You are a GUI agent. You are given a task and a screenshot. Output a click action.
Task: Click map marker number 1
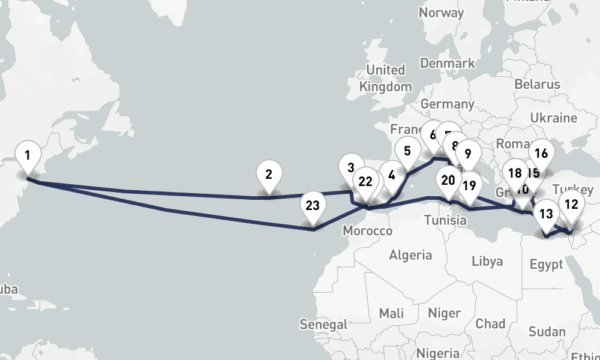click(27, 155)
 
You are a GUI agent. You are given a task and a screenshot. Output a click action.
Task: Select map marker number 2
click(269, 175)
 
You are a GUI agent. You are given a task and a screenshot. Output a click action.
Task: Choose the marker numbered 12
click(571, 205)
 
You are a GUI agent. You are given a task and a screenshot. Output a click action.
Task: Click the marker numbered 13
click(546, 214)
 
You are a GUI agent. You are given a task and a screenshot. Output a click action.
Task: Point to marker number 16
click(541, 154)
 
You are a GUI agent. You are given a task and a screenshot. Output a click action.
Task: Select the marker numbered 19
click(469, 185)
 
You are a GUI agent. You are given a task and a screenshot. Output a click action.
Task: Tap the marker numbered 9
click(468, 154)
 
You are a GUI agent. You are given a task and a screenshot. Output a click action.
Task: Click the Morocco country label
click(368, 231)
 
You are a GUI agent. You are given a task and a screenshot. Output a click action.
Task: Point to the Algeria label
click(410, 255)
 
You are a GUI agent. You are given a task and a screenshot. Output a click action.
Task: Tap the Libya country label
click(487, 261)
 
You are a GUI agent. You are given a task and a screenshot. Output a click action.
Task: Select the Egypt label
click(547, 264)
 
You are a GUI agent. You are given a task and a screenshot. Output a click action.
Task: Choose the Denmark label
click(448, 62)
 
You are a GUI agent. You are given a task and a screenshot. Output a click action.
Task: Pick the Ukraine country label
click(554, 117)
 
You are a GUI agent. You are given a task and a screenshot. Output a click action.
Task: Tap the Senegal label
click(323, 324)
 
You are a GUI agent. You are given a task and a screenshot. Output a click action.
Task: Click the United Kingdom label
click(386, 78)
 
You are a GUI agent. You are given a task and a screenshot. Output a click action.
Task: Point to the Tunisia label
click(445, 220)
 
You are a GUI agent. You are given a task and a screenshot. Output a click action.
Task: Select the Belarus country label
click(537, 85)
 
